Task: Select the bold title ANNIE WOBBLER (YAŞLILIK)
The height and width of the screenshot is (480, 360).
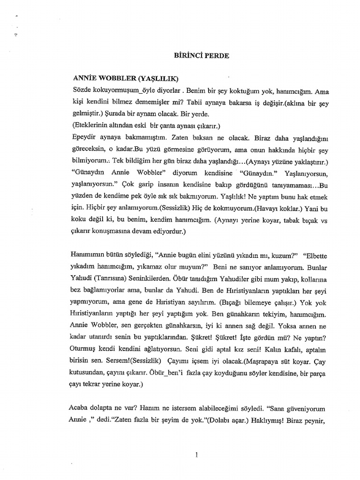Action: pyautogui.click(x=126, y=77)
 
